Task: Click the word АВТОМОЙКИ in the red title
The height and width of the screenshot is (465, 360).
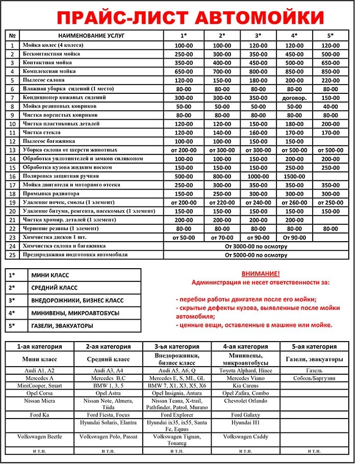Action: pos(261,17)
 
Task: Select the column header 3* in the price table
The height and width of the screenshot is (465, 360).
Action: pos(258,36)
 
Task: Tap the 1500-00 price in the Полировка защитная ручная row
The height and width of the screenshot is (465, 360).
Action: pos(294,176)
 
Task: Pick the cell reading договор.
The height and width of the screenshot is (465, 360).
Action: pos(294,97)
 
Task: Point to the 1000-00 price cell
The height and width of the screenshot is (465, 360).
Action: pos(258,176)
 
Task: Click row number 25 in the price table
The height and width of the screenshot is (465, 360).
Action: pos(13,254)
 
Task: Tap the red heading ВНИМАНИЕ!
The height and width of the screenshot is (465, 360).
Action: pos(261,274)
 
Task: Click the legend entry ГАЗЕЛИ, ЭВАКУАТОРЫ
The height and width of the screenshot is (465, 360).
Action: pos(62,326)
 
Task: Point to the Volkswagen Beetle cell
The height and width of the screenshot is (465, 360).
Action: pos(39,437)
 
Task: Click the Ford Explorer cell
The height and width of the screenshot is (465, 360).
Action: pos(176,415)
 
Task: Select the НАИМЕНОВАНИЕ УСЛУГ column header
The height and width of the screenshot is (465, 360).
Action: pos(92,36)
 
